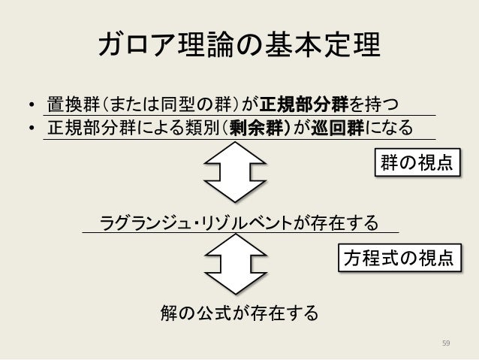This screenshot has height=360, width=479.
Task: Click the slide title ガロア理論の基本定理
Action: pos(239,47)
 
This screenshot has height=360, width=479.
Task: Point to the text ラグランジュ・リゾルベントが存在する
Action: pos(239,223)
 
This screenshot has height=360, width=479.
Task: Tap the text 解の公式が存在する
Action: pos(239,311)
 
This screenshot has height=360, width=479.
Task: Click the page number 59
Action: pos(446,343)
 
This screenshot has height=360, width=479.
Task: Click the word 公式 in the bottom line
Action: pos(214,311)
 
